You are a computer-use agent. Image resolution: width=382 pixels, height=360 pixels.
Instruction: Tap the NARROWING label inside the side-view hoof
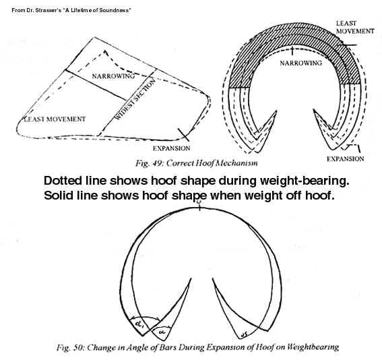pyautogui.click(x=113, y=76)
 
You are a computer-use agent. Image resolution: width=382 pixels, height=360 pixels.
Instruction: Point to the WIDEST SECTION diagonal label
pyautogui.click(x=135, y=100)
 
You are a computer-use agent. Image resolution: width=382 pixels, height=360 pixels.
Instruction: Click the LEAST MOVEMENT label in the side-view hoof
pyautogui.click(x=55, y=119)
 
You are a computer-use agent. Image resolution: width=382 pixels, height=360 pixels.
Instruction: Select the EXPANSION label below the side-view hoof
pyautogui.click(x=172, y=148)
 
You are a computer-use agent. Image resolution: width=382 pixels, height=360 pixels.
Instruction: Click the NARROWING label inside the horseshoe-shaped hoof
pyautogui.click(x=300, y=63)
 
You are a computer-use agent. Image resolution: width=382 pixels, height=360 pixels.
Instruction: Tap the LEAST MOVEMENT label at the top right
pyautogui.click(x=355, y=27)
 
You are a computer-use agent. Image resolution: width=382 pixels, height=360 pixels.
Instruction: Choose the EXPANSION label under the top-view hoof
pyautogui.click(x=345, y=159)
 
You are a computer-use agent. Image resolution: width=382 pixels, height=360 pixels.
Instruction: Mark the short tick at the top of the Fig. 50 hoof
pyautogui.click(x=200, y=208)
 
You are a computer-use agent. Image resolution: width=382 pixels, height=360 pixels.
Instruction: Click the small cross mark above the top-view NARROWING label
pyautogui.click(x=292, y=52)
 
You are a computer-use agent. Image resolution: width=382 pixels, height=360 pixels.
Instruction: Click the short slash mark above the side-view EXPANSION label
pyautogui.click(x=183, y=135)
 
